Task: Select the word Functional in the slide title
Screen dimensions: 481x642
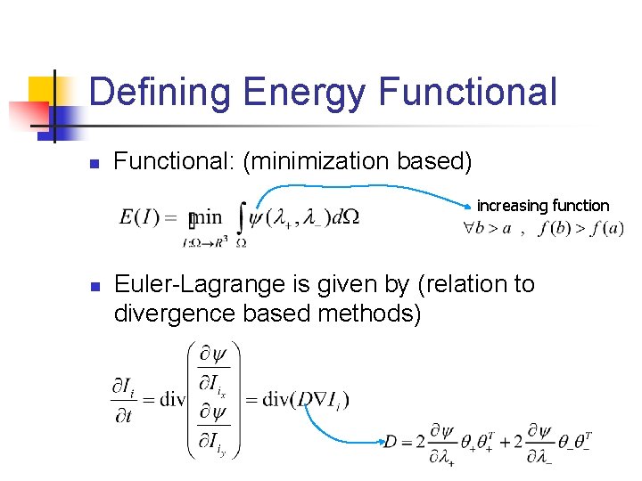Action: tap(467, 93)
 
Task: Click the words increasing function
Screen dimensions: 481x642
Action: tap(543, 206)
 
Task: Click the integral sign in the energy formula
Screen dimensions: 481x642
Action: tap(242, 218)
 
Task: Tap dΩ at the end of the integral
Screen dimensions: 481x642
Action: tap(344, 217)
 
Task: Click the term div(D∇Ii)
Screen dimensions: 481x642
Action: tap(305, 398)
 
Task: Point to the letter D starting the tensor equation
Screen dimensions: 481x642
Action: tap(390, 441)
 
